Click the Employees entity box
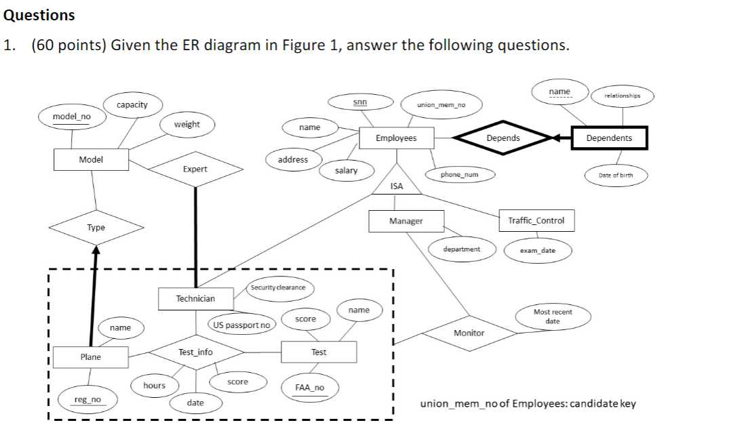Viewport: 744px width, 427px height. point(396,138)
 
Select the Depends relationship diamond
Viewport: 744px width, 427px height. point(503,138)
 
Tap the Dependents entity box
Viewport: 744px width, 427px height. point(609,138)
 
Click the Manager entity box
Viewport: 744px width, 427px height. point(406,221)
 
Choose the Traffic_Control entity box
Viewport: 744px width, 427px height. point(536,221)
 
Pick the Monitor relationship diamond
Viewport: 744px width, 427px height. point(469,333)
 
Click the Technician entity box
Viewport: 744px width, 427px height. point(195,299)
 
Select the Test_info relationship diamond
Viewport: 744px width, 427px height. point(196,352)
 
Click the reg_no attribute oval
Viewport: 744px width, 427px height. point(87,400)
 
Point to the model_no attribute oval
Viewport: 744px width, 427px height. point(72,117)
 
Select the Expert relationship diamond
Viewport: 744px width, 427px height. point(195,169)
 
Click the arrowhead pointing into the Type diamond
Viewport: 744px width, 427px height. point(96,250)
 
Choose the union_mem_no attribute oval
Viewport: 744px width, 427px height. point(442,105)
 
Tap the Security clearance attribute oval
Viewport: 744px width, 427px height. point(279,287)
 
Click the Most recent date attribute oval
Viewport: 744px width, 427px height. point(553,317)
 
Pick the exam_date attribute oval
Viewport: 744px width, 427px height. point(538,251)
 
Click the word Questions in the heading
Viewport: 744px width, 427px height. point(39,15)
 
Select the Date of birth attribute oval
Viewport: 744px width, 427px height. point(616,175)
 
